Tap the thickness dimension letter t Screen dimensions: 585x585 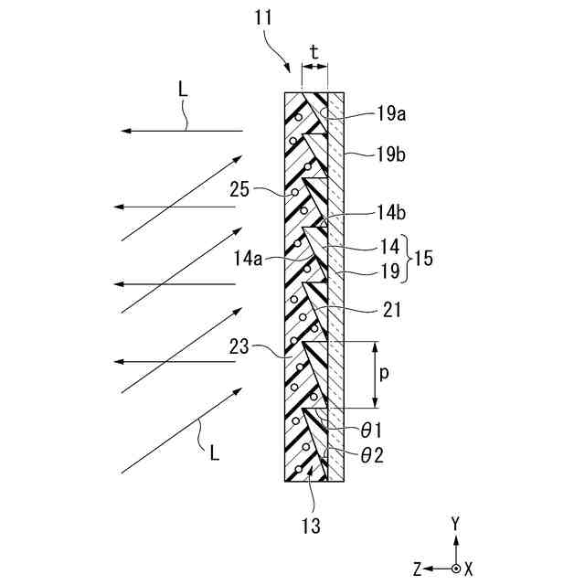(x=314, y=53)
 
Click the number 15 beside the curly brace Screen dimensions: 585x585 (x=422, y=259)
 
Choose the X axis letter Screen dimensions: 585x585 (x=468, y=569)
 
